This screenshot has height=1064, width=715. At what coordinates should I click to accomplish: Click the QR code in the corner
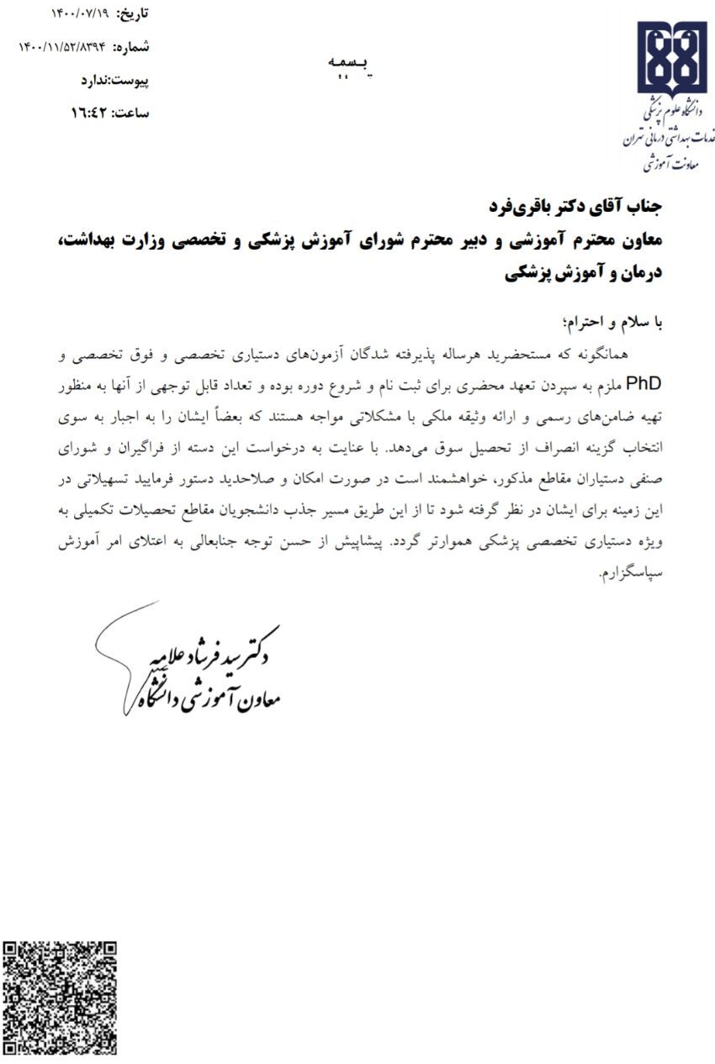point(60,998)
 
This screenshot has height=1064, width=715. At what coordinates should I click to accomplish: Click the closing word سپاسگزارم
point(632,575)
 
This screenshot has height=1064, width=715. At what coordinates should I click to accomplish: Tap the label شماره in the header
point(131,47)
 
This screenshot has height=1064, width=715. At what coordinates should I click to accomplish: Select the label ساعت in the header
point(131,113)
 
